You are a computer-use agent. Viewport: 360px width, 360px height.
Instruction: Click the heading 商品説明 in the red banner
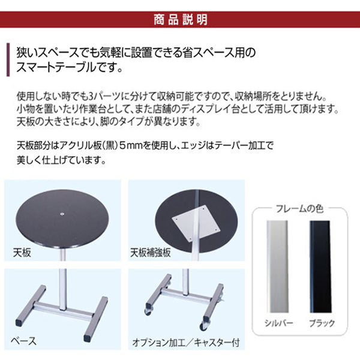click(x=179, y=19)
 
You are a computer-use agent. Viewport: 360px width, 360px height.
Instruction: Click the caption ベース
click(x=24, y=341)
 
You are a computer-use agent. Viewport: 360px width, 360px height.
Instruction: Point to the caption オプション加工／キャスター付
click(x=185, y=344)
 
